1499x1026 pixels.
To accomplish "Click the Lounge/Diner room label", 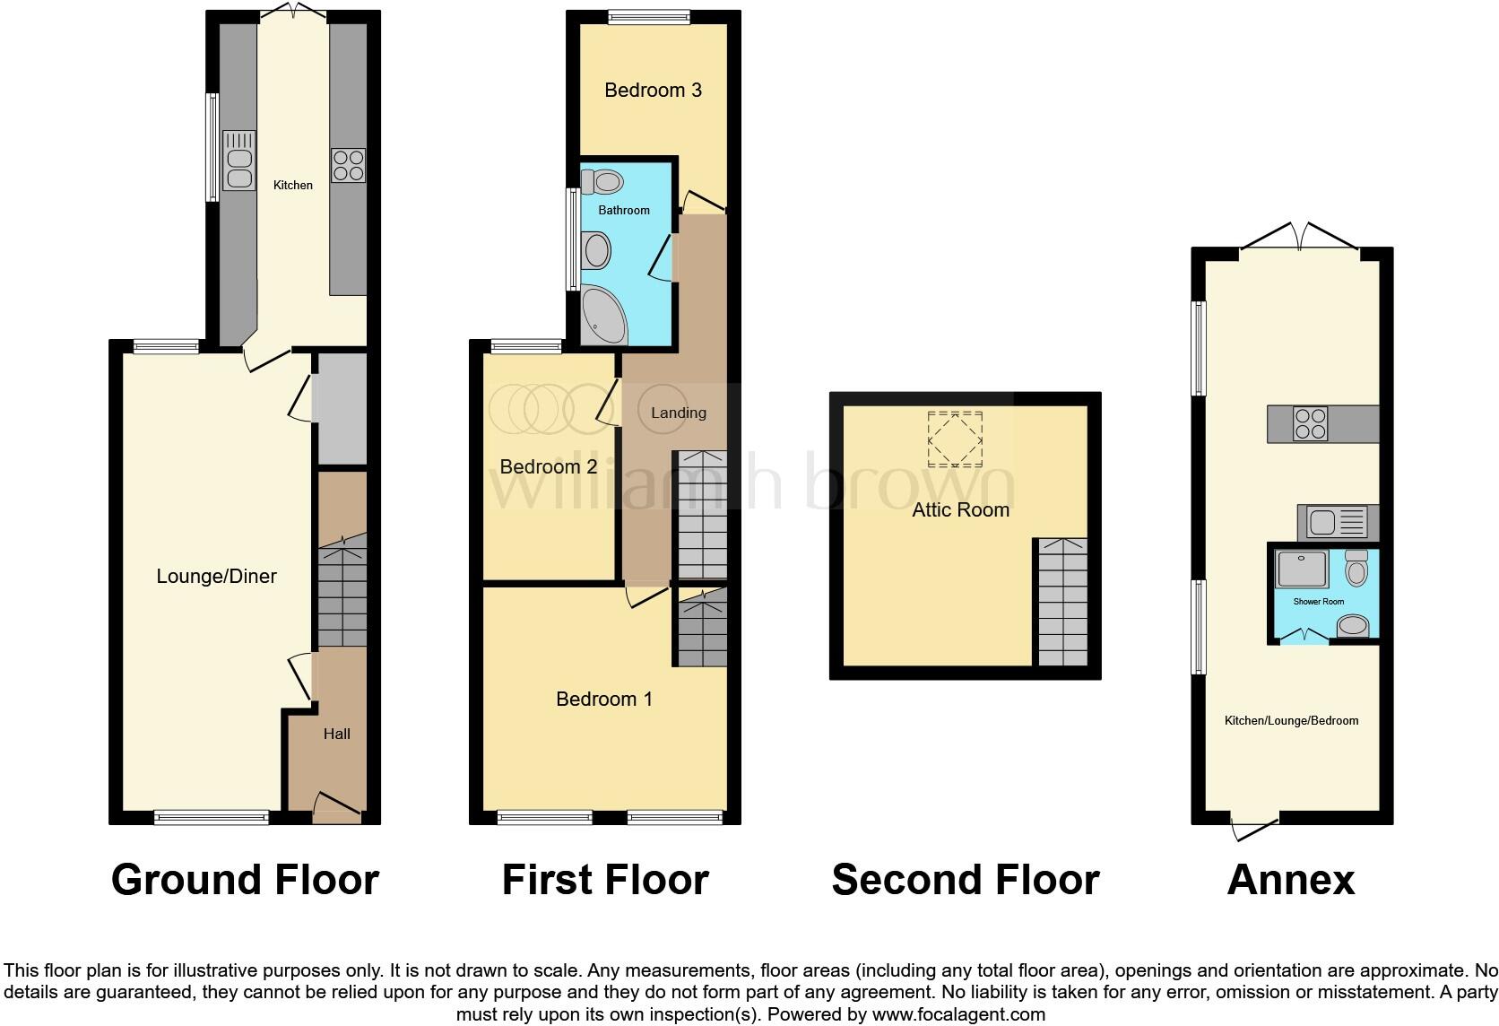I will click(x=216, y=577).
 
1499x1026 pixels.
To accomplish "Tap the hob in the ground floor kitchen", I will click(x=348, y=165).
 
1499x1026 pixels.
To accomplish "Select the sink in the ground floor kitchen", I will click(x=238, y=161).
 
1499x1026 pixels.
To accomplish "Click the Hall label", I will click(x=336, y=734).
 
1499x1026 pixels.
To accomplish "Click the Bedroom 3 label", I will click(x=653, y=90).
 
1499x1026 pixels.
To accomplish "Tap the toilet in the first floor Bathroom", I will click(x=603, y=182).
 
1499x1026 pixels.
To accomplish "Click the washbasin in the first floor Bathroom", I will click(x=596, y=250).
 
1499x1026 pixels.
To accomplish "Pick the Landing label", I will click(x=678, y=413).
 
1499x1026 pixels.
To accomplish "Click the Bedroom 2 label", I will click(x=548, y=466).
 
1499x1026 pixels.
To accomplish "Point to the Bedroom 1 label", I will click(x=604, y=699).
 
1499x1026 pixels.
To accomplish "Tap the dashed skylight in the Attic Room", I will click(x=955, y=439).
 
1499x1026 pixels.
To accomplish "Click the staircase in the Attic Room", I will click(x=1062, y=601).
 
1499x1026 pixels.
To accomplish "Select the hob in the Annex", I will click(x=1310, y=424).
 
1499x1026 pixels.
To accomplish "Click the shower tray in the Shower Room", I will click(x=1301, y=570).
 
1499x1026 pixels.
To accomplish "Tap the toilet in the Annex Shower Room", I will click(x=1356, y=569).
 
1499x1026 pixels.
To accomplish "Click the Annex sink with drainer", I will click(x=1336, y=521).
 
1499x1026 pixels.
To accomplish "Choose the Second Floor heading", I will click(x=965, y=880).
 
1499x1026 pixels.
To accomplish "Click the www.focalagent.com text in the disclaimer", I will click(x=958, y=1015).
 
